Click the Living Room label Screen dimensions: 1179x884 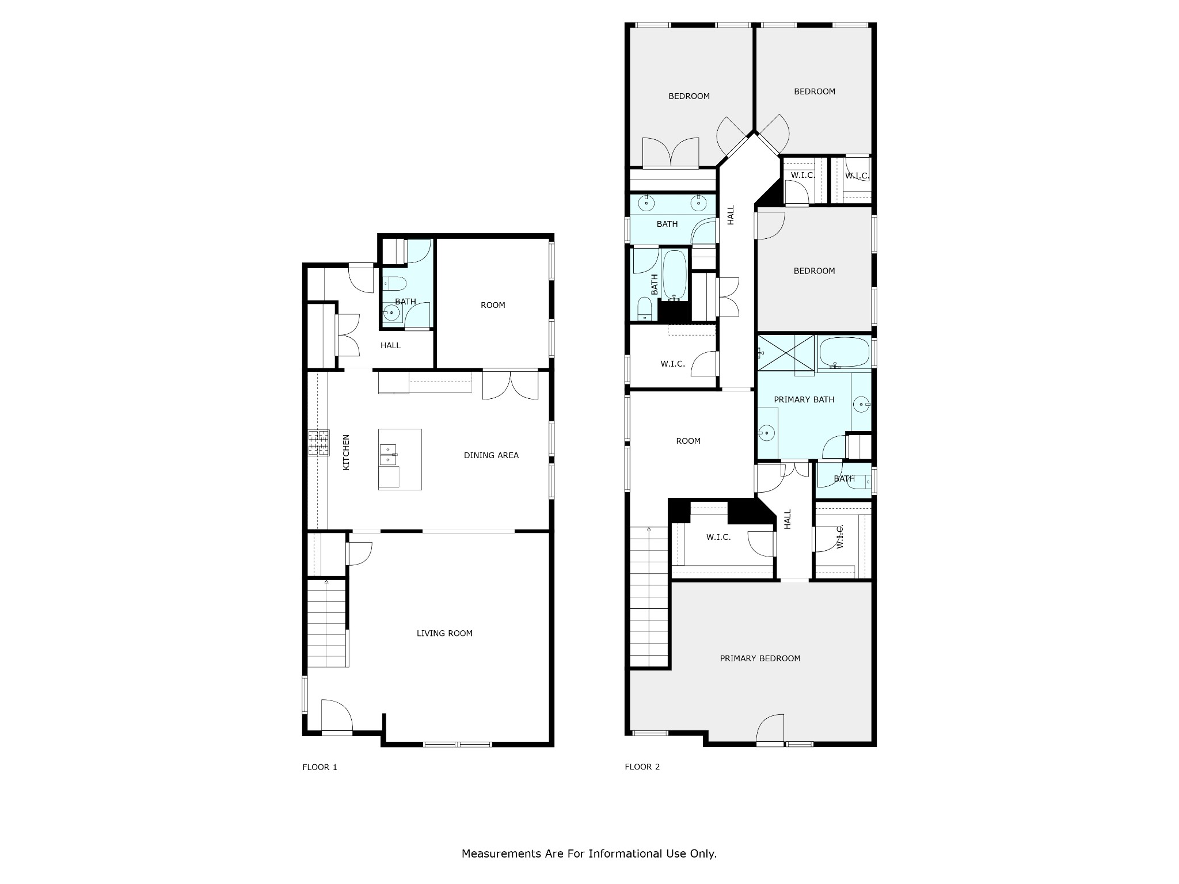pos(444,633)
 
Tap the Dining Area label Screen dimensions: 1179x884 pos(491,455)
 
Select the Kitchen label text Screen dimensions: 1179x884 pos(346,452)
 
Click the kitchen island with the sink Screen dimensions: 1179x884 pos(400,459)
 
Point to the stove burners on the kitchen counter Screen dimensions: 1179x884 pos(319,443)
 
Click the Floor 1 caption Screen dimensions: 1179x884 pos(320,767)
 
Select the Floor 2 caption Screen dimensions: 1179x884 pos(642,767)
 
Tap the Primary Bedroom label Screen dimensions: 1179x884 pos(760,658)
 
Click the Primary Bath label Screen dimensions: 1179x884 pos(804,399)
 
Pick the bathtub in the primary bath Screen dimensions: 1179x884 pos(843,352)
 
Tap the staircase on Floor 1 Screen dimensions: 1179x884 pos(327,624)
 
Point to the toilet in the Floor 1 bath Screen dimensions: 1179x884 pos(395,284)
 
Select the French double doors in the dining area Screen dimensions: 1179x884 pos(510,384)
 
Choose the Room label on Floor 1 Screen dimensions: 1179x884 pos(493,305)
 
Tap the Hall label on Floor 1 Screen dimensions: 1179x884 pos(390,346)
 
